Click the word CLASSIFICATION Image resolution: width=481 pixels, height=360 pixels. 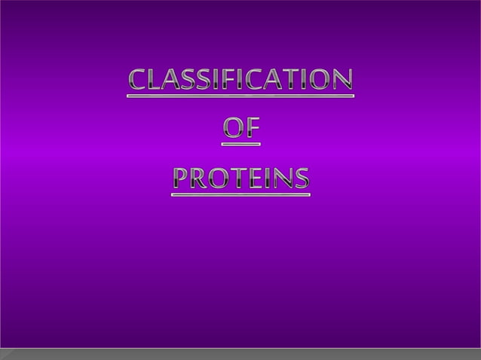click(240, 80)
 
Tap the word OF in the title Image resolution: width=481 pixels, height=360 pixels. click(241, 129)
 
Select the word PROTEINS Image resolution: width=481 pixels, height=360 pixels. click(240, 178)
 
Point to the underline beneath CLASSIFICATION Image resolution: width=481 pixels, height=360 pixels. click(240, 96)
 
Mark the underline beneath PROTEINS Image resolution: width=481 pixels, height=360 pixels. click(240, 194)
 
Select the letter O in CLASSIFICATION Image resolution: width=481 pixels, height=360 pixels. click(320, 80)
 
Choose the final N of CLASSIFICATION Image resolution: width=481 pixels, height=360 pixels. click(342, 80)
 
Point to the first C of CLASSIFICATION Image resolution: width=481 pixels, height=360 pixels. click(137, 80)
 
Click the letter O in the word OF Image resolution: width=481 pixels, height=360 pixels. click(232, 129)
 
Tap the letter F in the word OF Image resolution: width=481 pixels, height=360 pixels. click(252, 129)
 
